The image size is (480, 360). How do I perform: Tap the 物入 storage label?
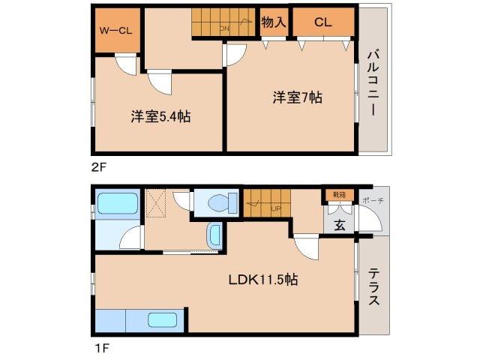(274, 22)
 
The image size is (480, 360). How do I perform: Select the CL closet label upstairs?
(322, 22)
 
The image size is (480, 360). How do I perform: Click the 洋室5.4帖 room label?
(160, 116)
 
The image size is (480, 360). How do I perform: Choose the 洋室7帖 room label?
(297, 97)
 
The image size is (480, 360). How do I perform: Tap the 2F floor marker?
(97, 167)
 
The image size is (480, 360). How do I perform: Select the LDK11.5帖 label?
(263, 280)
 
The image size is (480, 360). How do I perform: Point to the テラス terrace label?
(373, 286)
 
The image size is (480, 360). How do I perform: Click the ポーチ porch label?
(372, 200)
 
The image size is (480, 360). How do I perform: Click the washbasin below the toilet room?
(214, 235)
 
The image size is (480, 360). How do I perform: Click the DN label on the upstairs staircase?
(224, 28)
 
